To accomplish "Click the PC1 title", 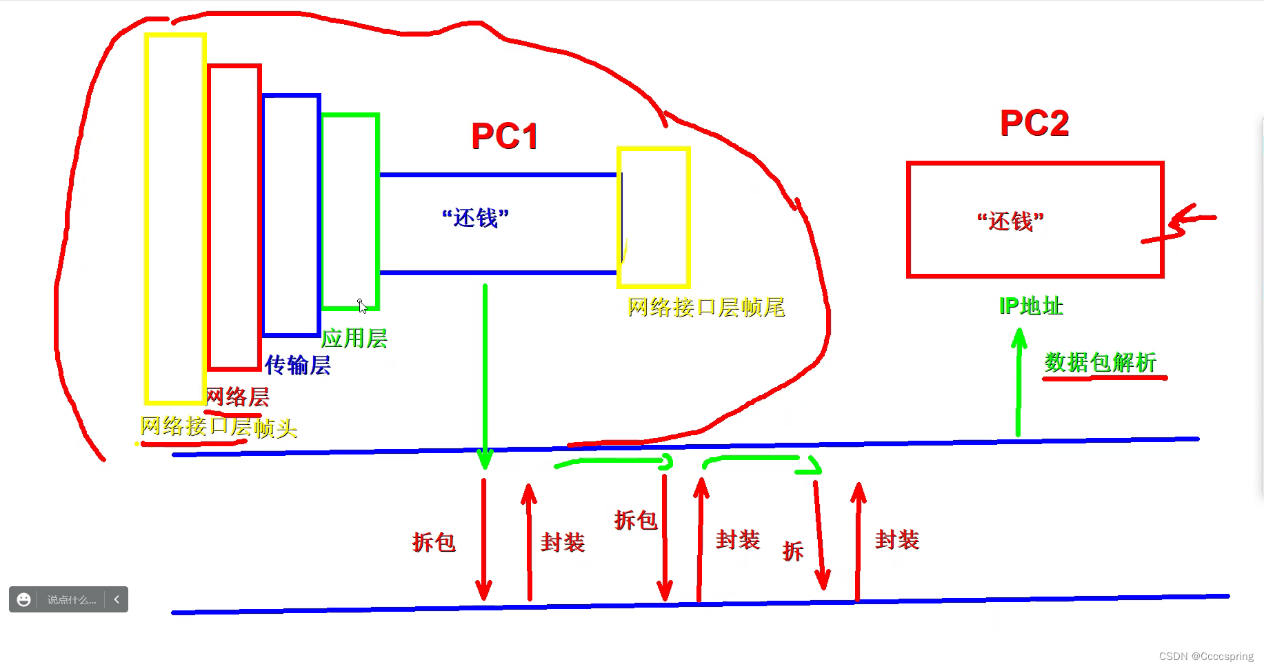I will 504,137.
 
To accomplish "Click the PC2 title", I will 1034,123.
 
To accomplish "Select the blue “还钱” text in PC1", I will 475,218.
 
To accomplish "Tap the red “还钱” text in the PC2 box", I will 1010,221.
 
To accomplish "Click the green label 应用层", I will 354,339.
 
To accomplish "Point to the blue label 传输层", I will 298,365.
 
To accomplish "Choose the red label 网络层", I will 238,397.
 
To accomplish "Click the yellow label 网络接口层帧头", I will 218,428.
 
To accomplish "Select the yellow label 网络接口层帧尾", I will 706,308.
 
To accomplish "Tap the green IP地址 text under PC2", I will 1031,306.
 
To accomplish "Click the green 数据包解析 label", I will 1100,362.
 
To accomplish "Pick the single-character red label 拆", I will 793,551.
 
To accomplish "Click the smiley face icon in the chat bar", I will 23,599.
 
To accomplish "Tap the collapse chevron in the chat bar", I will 117,599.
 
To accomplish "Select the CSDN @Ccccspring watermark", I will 1206,657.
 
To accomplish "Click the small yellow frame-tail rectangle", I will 654,217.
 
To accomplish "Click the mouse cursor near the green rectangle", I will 362,306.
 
